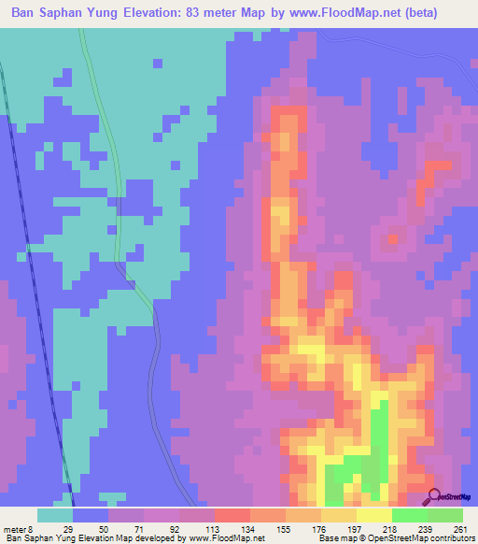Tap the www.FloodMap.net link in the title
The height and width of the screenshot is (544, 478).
tap(325, 14)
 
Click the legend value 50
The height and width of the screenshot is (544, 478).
tap(107, 529)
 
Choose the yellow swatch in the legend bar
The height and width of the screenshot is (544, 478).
tap(373, 515)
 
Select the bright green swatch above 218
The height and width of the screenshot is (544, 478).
tap(409, 515)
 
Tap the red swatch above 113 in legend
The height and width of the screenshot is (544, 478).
tap(232, 515)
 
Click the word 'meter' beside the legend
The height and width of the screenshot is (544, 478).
tap(18, 529)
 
